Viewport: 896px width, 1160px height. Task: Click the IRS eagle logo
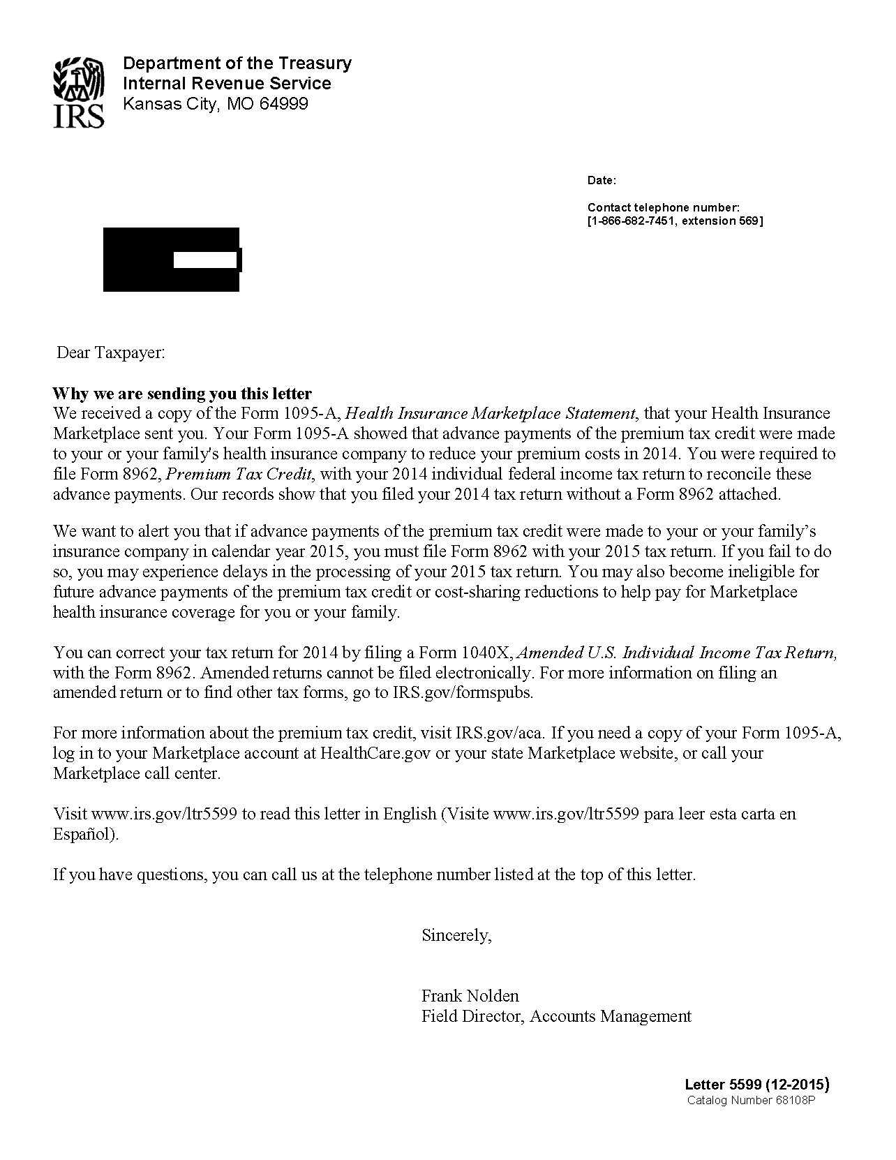tap(79, 93)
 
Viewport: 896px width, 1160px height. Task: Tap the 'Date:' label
tap(602, 181)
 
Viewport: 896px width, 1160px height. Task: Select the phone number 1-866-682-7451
tap(632, 221)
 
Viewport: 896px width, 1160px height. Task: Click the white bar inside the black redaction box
tap(205, 260)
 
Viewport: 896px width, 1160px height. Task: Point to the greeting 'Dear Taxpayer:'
tap(110, 352)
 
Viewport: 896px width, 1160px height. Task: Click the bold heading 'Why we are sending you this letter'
tap(182, 394)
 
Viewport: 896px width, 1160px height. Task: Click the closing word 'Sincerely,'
tap(456, 935)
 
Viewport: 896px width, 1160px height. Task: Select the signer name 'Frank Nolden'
tap(470, 996)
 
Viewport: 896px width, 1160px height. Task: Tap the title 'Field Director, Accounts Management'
tap(556, 1016)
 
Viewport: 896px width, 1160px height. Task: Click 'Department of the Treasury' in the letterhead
tap(237, 64)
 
